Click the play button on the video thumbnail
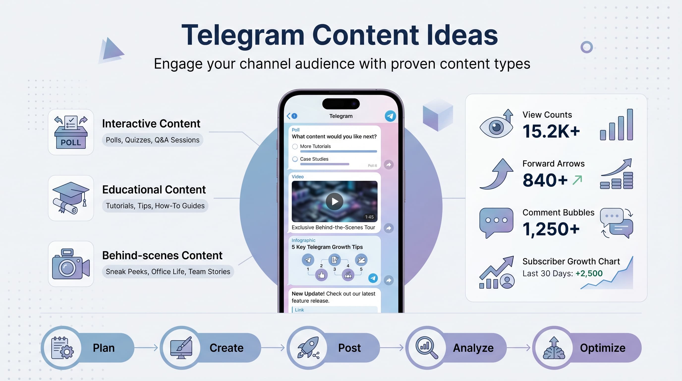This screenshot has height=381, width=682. point(334,202)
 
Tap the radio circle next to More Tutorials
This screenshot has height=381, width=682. point(295,147)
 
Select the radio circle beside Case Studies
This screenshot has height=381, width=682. point(295,159)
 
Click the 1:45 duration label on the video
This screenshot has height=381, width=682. point(369,217)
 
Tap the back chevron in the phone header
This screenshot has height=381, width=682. point(288,116)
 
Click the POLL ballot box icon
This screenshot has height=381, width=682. point(71,132)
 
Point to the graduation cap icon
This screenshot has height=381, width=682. point(71,197)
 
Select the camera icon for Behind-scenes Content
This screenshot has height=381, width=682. point(71,264)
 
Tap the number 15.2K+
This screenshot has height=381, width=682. point(551,131)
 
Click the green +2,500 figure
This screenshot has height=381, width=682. point(589,273)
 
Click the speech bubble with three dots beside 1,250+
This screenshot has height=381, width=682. point(496,222)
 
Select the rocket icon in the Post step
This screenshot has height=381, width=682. point(308,347)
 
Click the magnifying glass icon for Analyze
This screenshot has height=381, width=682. point(426,347)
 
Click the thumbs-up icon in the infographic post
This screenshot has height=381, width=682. point(321,275)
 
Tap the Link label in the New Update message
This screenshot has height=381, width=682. point(299,310)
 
